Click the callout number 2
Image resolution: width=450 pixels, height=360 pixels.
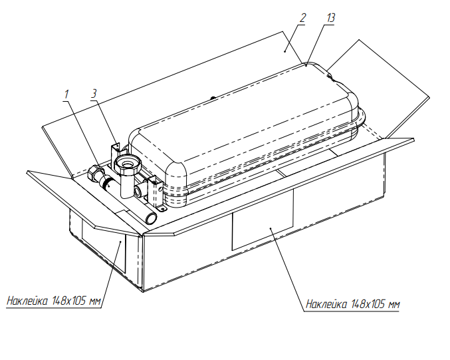(302, 18)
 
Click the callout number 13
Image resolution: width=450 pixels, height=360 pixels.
(330, 18)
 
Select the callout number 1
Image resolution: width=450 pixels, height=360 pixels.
(66, 94)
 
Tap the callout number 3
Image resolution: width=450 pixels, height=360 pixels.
(94, 94)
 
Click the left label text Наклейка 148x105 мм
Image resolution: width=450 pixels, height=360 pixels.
(54, 301)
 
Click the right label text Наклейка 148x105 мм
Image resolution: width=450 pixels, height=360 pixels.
(353, 304)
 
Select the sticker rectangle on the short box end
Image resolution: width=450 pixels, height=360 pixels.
(104, 246)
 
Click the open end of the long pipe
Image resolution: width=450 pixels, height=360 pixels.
(152, 218)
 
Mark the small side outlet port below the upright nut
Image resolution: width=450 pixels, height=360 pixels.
(139, 190)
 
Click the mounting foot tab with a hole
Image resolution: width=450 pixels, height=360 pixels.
(162, 208)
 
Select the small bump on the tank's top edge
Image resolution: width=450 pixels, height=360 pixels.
(213, 98)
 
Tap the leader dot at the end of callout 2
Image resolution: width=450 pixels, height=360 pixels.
(284, 51)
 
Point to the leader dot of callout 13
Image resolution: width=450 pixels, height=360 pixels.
(306, 66)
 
